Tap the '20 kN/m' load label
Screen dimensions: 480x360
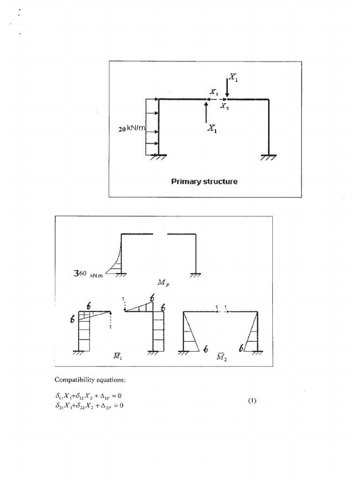(x=133, y=128)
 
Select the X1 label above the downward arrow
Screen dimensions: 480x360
(x=234, y=78)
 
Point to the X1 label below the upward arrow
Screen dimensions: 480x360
(x=212, y=130)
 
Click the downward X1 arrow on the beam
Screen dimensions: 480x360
(x=227, y=87)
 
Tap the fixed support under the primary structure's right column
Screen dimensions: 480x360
(x=268, y=157)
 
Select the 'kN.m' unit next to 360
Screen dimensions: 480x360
(x=96, y=275)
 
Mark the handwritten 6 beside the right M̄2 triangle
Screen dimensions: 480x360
(x=241, y=348)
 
